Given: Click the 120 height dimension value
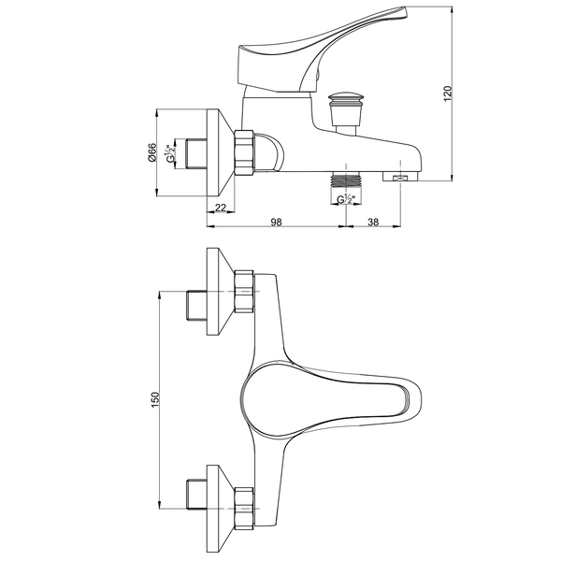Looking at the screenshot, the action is click(448, 93).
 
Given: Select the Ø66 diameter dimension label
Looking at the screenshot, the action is click(152, 152).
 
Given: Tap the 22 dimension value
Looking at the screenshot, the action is click(221, 208).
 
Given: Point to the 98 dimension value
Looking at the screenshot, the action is click(276, 223).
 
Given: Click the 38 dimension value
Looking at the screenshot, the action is click(373, 223).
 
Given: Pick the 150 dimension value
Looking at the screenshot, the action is click(155, 400).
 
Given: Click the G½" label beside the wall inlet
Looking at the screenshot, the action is click(170, 153).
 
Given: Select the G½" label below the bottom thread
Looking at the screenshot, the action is click(346, 199).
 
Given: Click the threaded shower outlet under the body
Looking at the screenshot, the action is click(346, 179).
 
